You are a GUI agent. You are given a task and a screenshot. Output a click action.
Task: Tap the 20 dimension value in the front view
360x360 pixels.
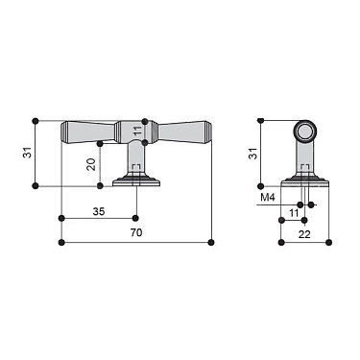tap(91, 164)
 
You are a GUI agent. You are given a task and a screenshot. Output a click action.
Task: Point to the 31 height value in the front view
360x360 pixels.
tap(25, 152)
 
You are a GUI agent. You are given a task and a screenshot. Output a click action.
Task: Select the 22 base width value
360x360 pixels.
tap(304, 233)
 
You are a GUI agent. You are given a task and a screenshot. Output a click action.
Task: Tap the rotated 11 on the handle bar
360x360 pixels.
tap(136, 131)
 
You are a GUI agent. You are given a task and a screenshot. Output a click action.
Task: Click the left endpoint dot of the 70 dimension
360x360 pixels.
tap(61, 243)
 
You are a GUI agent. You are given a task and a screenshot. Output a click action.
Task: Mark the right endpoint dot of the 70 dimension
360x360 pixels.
tap(211, 243)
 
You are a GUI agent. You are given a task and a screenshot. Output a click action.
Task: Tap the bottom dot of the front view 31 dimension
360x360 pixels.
tap(36, 185)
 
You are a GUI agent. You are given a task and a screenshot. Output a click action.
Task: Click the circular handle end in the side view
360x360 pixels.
tap(304, 132)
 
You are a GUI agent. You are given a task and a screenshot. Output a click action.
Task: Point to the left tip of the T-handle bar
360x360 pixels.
tap(63, 132)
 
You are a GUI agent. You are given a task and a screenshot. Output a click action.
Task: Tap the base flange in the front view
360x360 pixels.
tap(136, 180)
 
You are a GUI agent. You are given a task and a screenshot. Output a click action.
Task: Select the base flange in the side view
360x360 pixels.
tap(304, 180)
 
